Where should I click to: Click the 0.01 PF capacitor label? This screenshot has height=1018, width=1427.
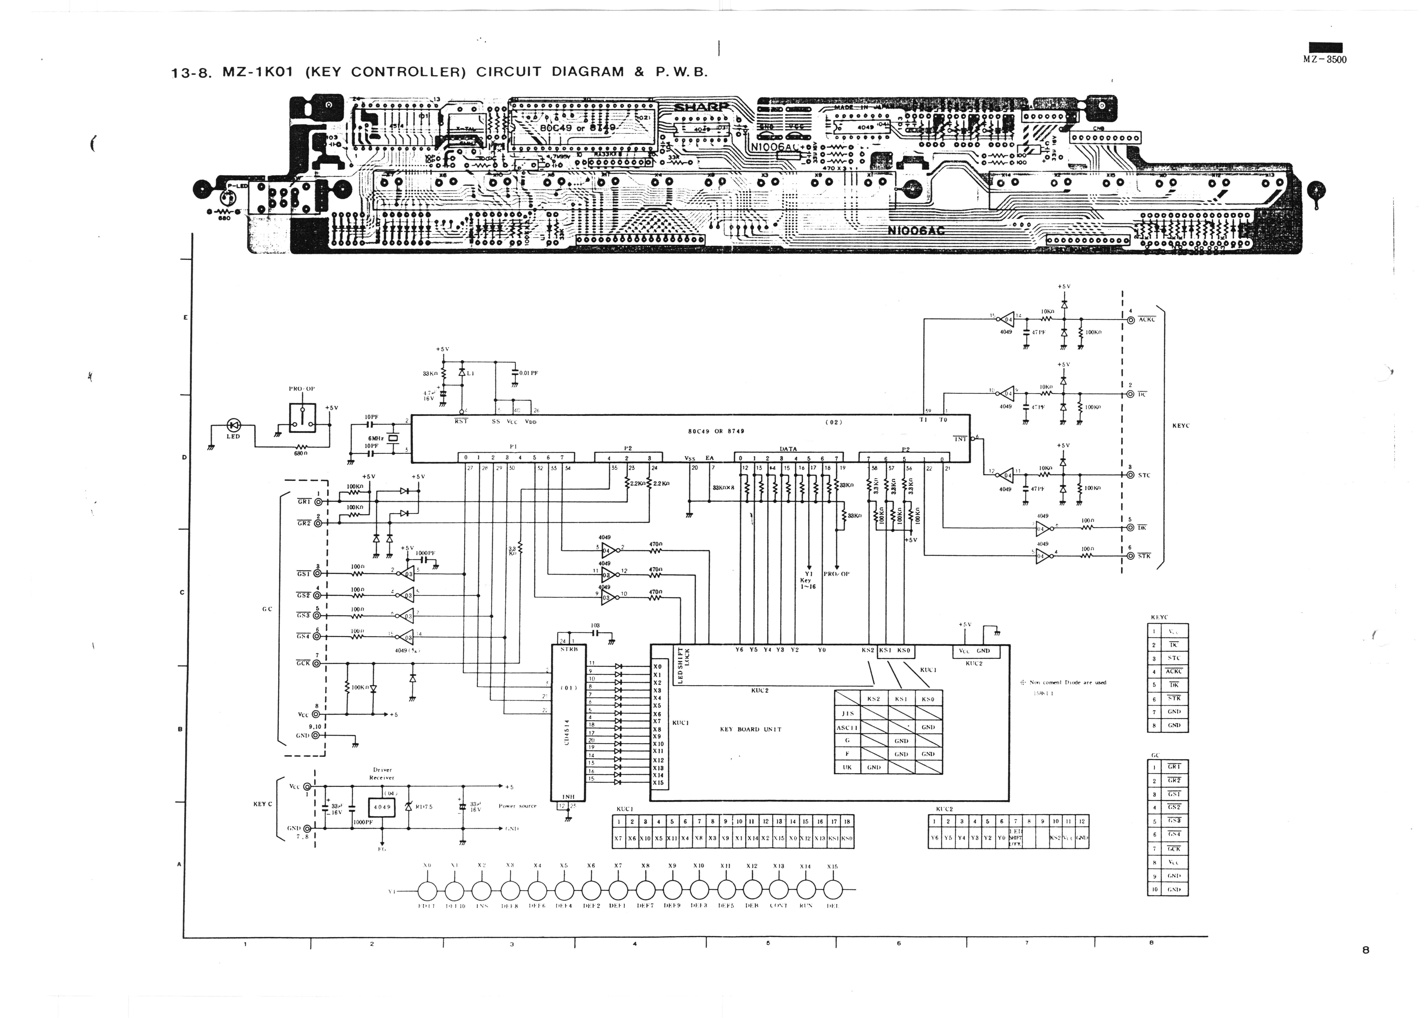[528, 373]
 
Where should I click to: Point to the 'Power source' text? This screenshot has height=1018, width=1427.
[517, 806]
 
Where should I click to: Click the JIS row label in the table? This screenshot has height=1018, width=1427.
[847, 713]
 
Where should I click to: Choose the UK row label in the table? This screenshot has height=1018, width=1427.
[847, 767]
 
